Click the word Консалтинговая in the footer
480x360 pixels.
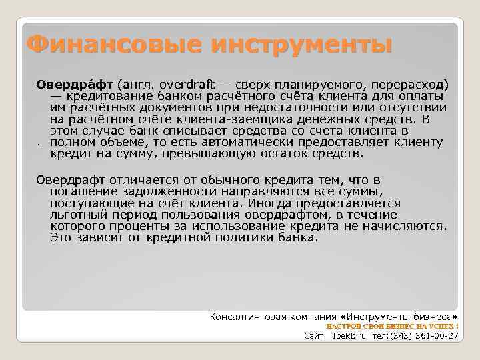tap(249, 315)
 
